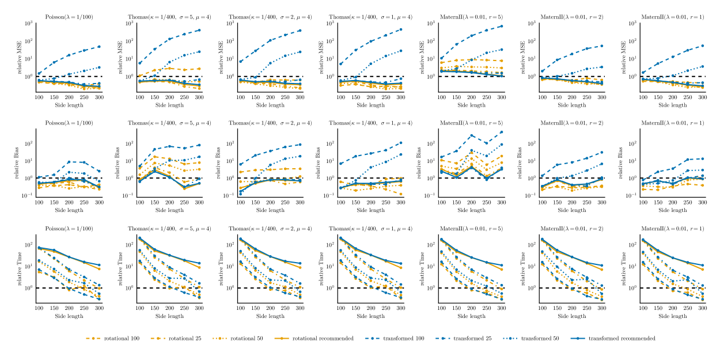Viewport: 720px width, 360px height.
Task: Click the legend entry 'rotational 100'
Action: pyautogui.click(x=118, y=338)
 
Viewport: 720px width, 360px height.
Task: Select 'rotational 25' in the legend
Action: pyautogui.click(x=184, y=338)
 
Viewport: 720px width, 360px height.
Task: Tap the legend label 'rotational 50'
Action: pyautogui.click(x=249, y=338)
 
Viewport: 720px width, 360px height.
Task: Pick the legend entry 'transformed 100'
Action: pyautogui.click(x=408, y=338)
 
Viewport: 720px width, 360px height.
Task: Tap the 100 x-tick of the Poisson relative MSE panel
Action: pyautogui.click(x=39, y=97)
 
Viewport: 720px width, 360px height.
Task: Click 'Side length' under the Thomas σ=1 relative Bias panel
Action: pyautogui.click(x=371, y=210)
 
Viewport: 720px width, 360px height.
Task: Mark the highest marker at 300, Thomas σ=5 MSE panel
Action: pyautogui.click(x=199, y=30)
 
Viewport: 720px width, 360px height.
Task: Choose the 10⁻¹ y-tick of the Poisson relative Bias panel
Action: pyautogui.click(x=28, y=196)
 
